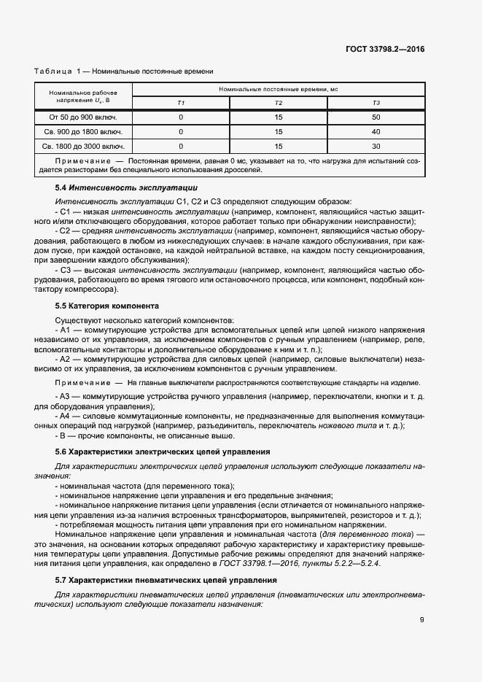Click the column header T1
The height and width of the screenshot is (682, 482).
click(x=181, y=103)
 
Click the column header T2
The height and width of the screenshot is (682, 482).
click(x=278, y=103)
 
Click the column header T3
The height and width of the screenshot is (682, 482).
click(x=376, y=103)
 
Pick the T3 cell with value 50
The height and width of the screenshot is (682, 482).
click(x=376, y=117)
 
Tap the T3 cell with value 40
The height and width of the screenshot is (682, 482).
click(x=376, y=132)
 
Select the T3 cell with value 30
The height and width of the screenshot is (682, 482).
click(x=376, y=147)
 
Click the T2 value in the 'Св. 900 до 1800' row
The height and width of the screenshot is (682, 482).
click(x=278, y=132)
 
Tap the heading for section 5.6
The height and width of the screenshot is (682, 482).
click(x=162, y=452)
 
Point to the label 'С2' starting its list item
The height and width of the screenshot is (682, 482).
click(x=65, y=230)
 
